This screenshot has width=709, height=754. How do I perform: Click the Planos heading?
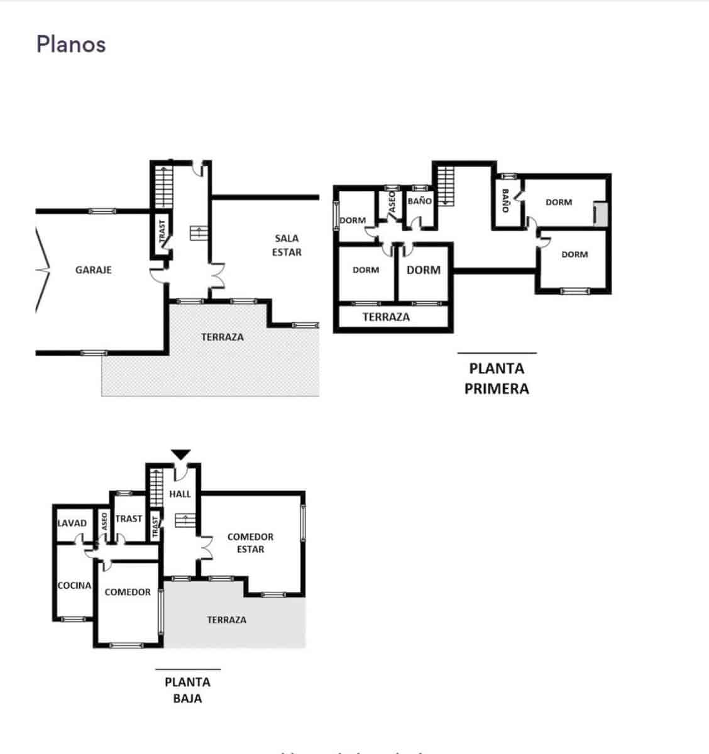coord(70,45)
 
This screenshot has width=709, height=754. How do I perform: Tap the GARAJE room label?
coord(93,270)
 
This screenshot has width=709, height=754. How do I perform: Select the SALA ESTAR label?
coord(287,245)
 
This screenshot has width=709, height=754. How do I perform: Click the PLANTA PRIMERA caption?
coord(497,378)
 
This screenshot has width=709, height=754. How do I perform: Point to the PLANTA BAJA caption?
coord(187,690)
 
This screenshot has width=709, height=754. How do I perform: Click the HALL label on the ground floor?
coord(180,494)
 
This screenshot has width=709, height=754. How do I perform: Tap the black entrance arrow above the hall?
coord(181,455)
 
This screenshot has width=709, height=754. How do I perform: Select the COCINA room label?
coord(74,585)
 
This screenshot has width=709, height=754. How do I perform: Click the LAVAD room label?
coord(72,523)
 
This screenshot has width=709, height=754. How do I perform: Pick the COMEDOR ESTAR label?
coord(250,543)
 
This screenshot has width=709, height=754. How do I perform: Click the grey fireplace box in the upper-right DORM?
coord(600,214)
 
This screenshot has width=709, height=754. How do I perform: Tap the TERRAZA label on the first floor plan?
coord(386,317)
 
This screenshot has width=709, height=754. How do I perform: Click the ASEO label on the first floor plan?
coord(392,202)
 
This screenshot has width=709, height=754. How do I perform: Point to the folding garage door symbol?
coord(42,270)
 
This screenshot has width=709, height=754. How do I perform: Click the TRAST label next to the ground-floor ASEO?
coord(129,518)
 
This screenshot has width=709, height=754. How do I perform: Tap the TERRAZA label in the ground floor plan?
coord(226,620)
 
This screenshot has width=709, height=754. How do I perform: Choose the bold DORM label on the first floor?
coord(424,270)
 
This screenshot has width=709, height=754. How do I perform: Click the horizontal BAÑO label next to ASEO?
coord(419,201)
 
